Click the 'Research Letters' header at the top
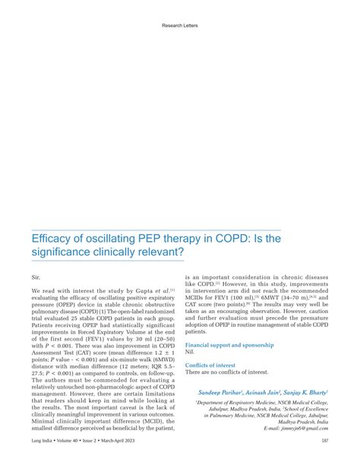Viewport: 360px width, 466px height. coord(180,25)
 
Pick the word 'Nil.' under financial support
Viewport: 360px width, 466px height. coord(190,352)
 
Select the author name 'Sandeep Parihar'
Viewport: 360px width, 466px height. coord(223,392)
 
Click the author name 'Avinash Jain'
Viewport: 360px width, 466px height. coord(269,392)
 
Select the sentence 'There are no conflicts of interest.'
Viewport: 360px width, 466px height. coord(226,372)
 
